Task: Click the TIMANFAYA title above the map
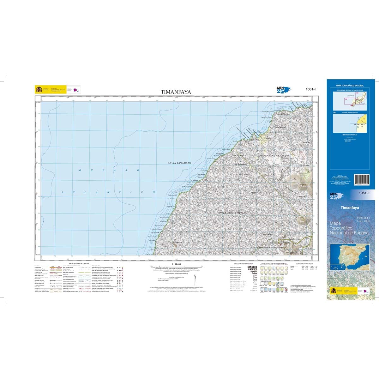coord(176,92)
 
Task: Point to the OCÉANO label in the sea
coord(109,170)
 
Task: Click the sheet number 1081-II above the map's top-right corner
coord(311,89)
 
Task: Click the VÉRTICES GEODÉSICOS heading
coord(304,263)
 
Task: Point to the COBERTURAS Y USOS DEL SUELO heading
coord(273,263)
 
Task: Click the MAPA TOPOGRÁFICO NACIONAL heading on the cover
coord(350,86)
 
